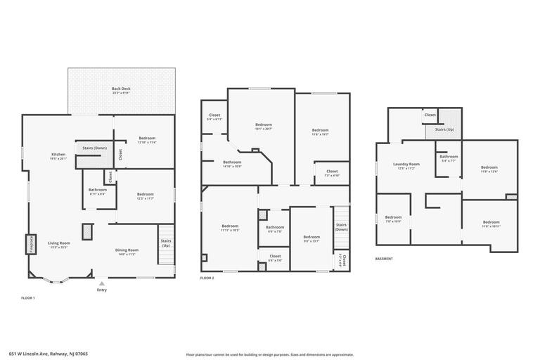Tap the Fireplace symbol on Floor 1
click(31, 244)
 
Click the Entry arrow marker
click(102, 283)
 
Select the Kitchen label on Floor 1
click(58, 156)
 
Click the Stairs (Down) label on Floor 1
click(95, 148)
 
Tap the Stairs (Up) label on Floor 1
click(166, 243)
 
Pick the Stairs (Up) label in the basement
click(444, 129)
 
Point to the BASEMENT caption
click(384, 259)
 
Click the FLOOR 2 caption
click(207, 278)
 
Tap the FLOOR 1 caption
click(28, 298)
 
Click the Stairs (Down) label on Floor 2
click(341, 227)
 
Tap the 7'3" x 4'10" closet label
click(332, 173)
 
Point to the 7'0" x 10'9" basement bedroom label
click(393, 219)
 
